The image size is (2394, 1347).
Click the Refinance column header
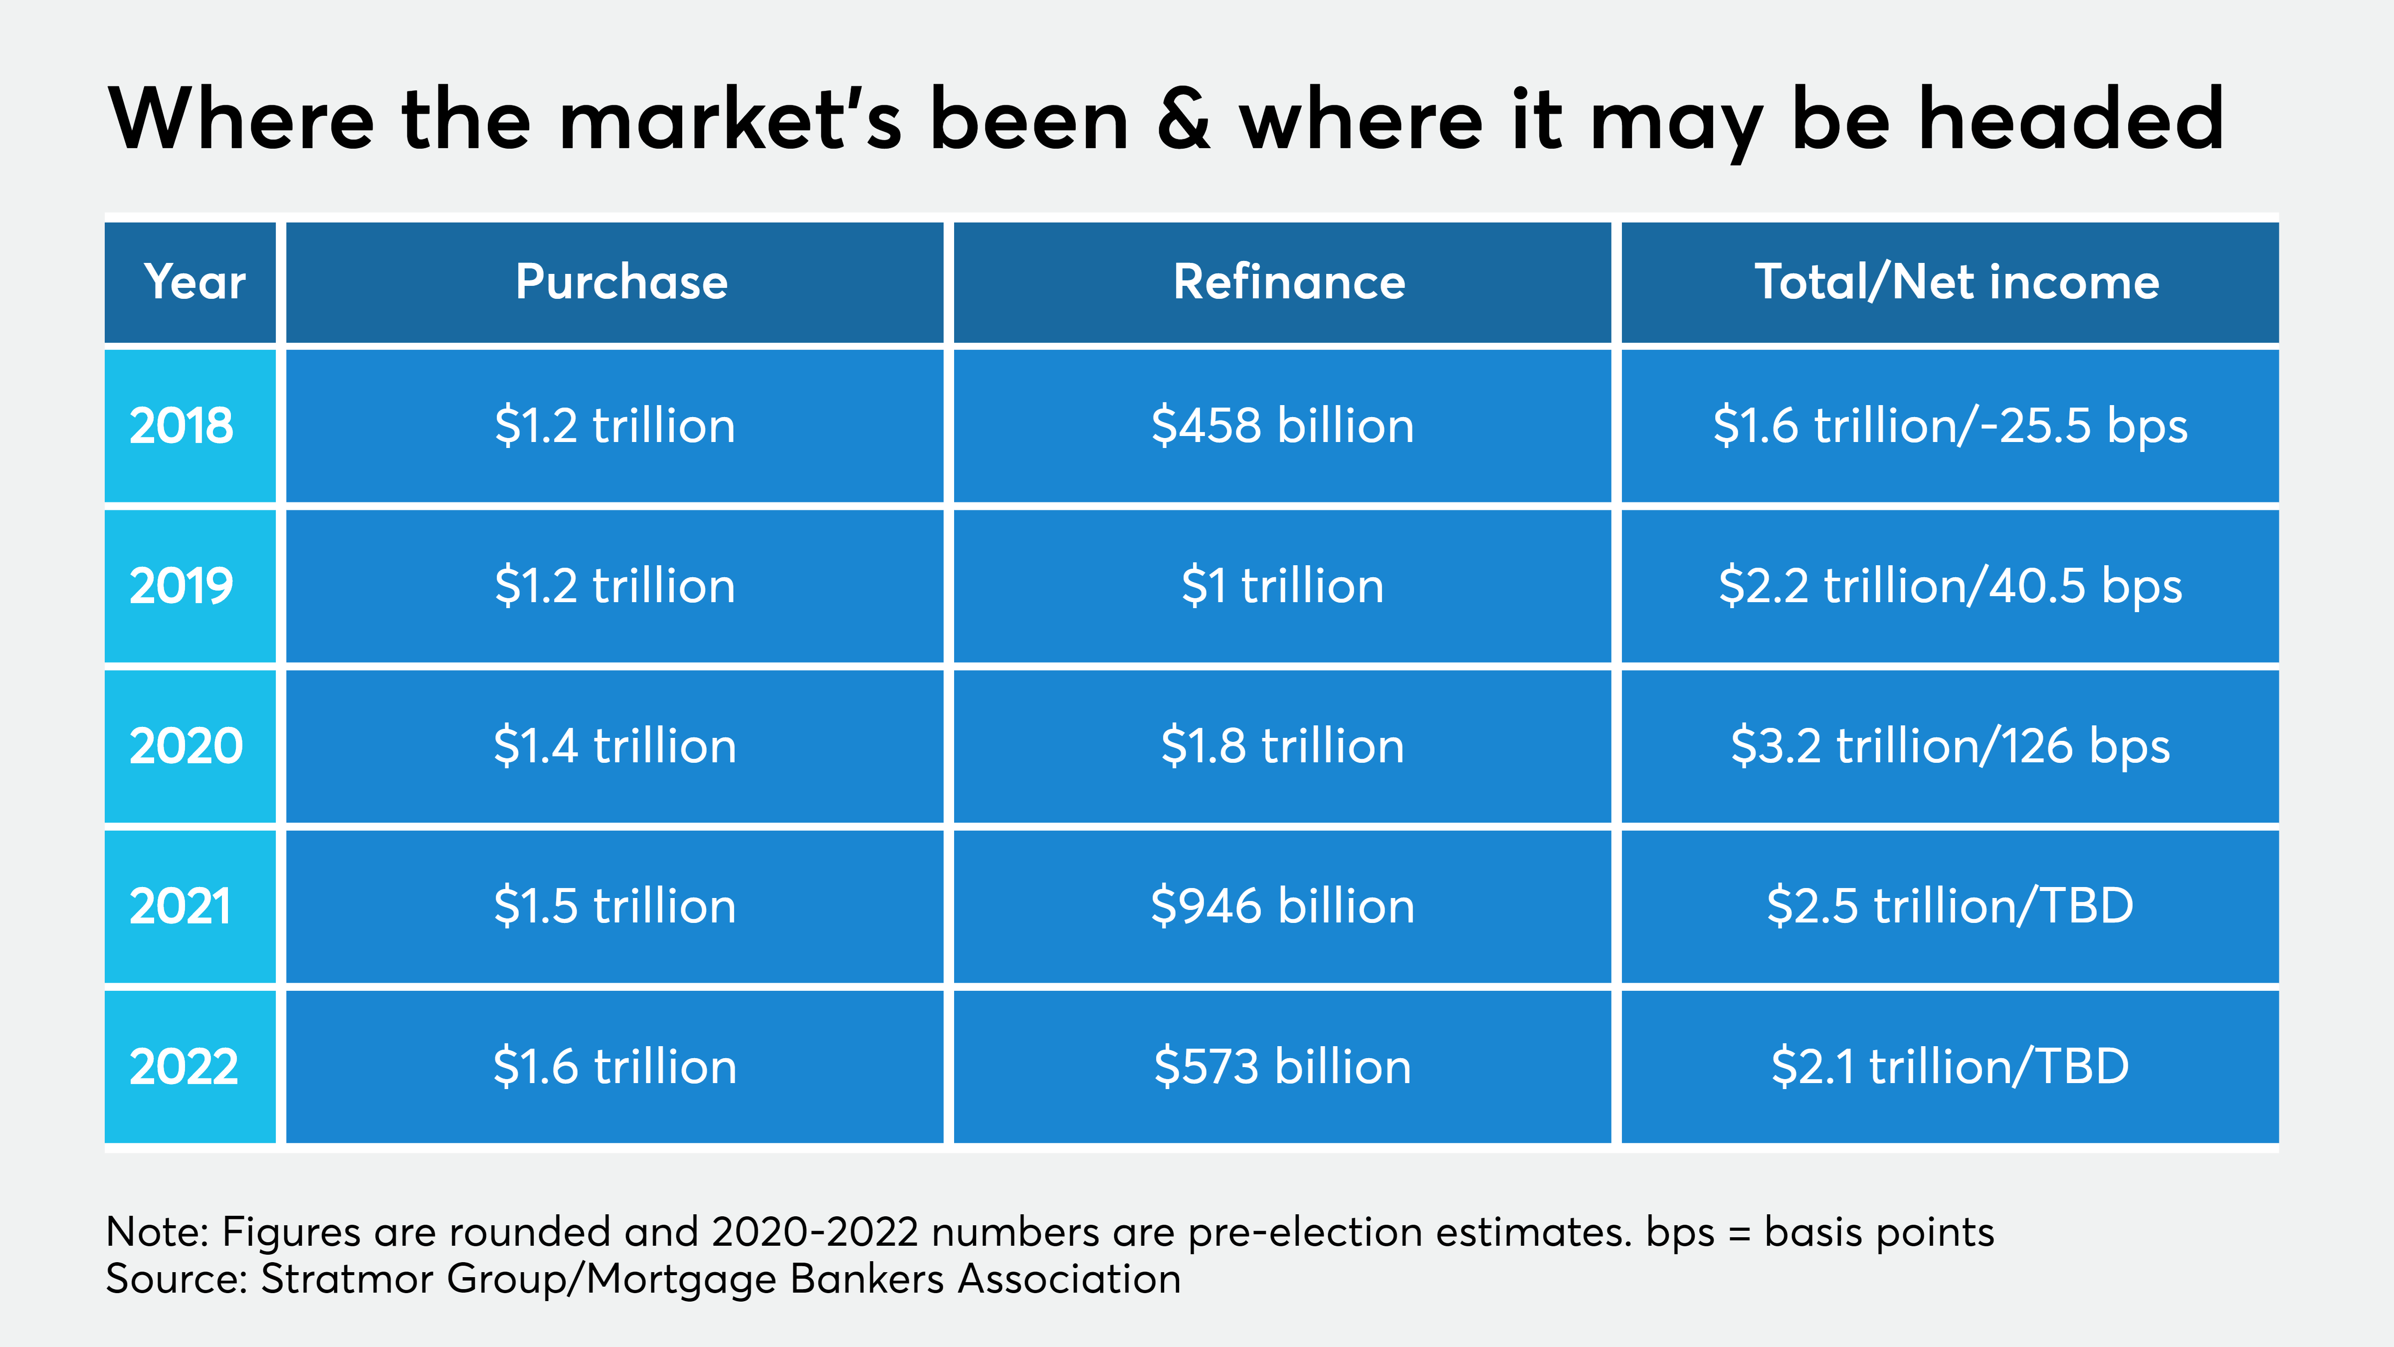point(1289,282)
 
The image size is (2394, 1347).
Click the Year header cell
point(194,282)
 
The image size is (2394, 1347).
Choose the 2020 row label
point(186,745)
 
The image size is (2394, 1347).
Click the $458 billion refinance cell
point(1282,426)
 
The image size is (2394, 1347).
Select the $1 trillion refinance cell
point(1282,586)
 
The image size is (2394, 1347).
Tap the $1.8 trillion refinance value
point(1282,745)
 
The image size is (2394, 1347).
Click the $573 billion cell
point(1282,1066)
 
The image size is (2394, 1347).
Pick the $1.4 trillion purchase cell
point(615,745)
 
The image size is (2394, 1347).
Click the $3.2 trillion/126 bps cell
point(1950,745)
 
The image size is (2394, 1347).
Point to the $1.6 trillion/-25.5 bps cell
point(1950,426)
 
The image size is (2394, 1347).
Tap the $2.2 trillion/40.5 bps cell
point(1950,586)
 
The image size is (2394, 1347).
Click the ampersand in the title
point(1185,119)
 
